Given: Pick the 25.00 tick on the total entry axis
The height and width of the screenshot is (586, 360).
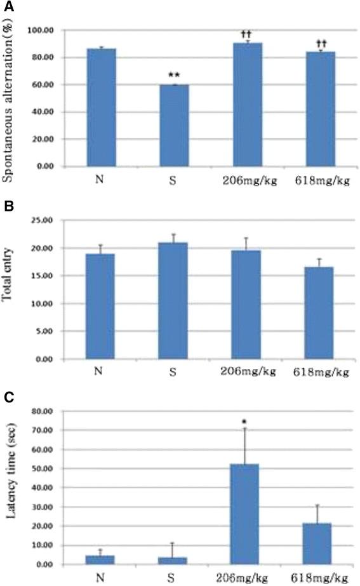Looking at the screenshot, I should (x=44, y=220).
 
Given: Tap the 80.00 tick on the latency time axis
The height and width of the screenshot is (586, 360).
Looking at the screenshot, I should (x=44, y=411).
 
